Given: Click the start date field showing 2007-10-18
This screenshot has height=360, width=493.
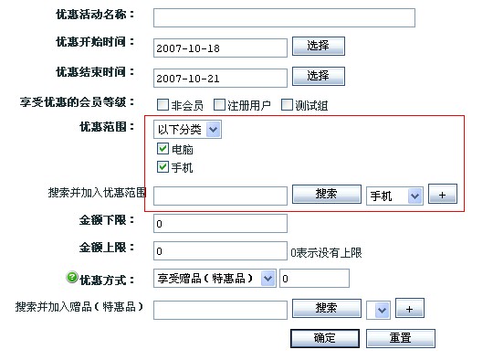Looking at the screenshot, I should click(220, 48).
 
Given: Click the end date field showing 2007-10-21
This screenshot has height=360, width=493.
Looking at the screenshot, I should click(220, 78).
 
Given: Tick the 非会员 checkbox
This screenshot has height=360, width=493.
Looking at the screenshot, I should click(163, 105).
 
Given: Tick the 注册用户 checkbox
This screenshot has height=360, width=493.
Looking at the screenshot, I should click(219, 105).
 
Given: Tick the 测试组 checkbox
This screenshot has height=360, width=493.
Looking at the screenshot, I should click(287, 105).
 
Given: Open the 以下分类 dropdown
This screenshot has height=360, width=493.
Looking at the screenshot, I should click(187, 130).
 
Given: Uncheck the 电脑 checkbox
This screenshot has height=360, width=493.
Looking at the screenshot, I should click(163, 149).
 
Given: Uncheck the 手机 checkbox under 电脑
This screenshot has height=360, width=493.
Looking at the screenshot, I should click(163, 168).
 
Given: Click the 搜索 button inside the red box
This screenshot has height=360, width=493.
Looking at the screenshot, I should click(326, 195).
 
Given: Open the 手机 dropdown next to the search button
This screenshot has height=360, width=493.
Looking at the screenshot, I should click(394, 196).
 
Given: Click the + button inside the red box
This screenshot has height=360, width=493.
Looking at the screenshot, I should click(442, 196).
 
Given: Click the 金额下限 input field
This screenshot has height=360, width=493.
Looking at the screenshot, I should click(220, 223).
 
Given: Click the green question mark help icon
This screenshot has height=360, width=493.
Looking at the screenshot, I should click(72, 278).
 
